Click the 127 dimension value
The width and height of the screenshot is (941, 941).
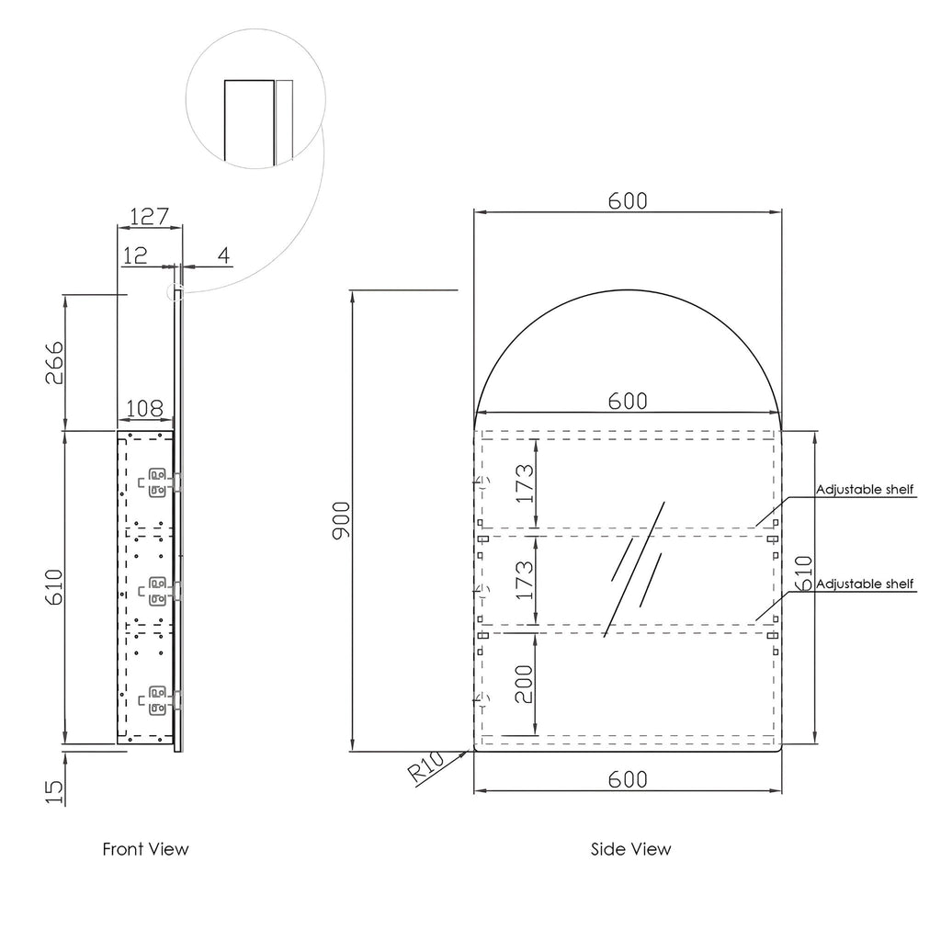(149, 218)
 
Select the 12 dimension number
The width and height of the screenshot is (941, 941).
(135, 255)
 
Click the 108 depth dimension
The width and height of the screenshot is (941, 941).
(144, 407)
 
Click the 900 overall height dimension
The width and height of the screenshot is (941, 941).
(341, 521)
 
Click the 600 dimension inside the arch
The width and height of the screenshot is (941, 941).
(628, 401)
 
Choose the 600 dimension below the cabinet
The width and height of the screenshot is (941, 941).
(628, 779)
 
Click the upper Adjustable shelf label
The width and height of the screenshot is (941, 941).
(865, 490)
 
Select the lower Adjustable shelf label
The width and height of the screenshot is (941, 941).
(865, 584)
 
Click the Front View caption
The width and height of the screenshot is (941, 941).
(145, 849)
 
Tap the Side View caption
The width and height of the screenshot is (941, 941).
(630, 849)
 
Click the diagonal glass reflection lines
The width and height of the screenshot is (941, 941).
(635, 568)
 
